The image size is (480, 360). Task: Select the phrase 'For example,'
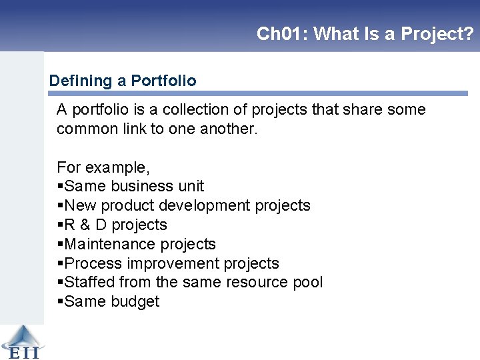coord(103,167)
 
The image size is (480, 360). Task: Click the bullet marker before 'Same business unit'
coord(60,187)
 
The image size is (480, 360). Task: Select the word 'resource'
coord(257,282)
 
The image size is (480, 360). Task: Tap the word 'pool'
coord(307,282)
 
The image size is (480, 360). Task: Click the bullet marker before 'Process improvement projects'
coord(60,264)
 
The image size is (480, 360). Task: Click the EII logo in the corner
coord(21,342)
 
